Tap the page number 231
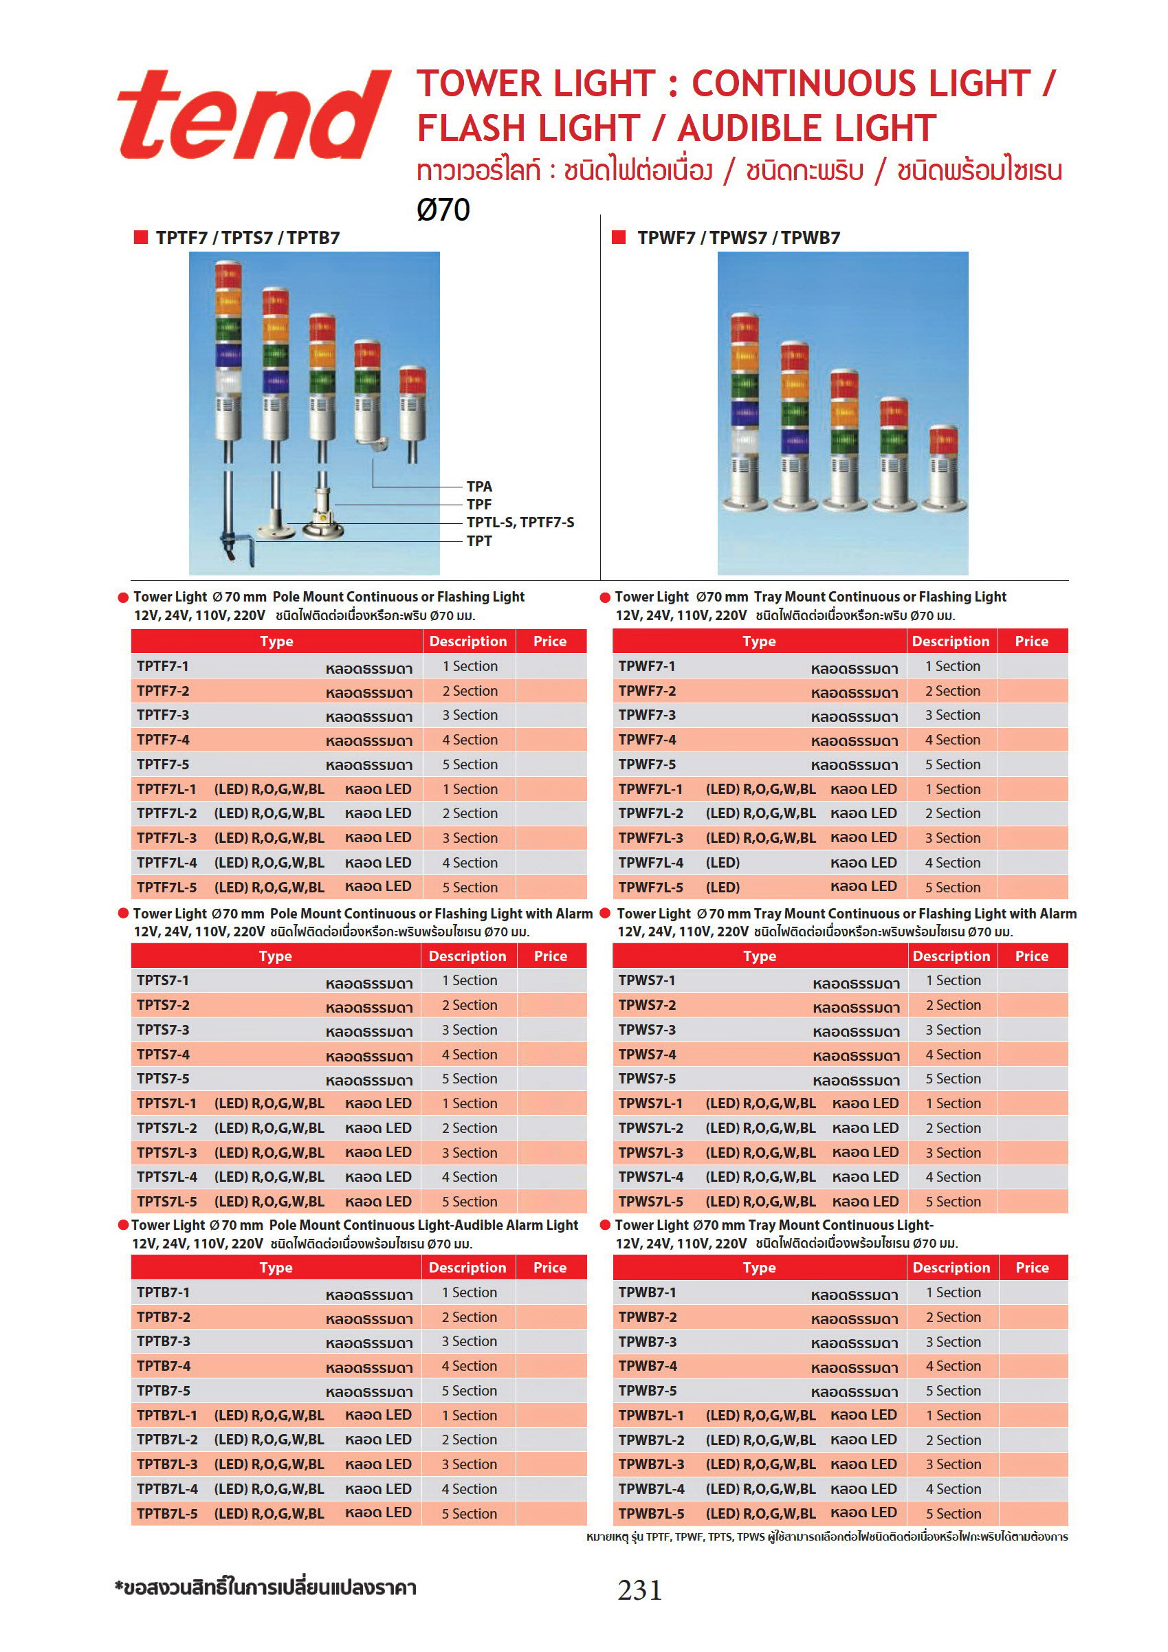(x=639, y=1589)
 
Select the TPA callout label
(x=479, y=487)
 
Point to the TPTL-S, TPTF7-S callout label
(x=520, y=522)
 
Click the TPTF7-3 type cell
(x=164, y=715)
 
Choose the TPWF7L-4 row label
(x=650, y=863)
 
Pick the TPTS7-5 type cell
(x=164, y=1079)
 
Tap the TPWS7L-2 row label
(x=650, y=1127)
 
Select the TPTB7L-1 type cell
(x=166, y=1416)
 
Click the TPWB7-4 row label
(x=648, y=1365)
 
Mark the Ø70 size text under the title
(x=443, y=210)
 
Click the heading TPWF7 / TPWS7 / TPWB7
(x=738, y=238)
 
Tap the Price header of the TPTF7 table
(x=550, y=641)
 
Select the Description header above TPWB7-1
(x=951, y=1268)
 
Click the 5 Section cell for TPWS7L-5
(x=953, y=1202)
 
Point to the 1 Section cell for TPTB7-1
(x=470, y=1292)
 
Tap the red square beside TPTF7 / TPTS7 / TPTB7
(x=140, y=237)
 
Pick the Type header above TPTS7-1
(x=276, y=956)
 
